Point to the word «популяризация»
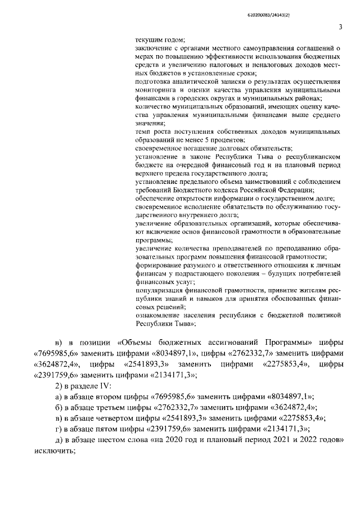pyautogui.click(x=160, y=290)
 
